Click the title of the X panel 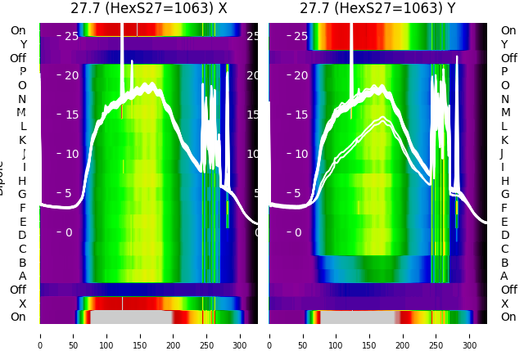click(x=148, y=8)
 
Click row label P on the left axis click(x=22, y=72)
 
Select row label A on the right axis click(x=504, y=276)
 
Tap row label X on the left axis click(x=22, y=304)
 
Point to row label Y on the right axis click(x=504, y=44)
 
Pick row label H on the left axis click(x=22, y=181)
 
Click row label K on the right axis click(x=504, y=140)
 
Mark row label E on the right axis click(x=504, y=222)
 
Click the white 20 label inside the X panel click(x=71, y=75)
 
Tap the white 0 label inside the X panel click(x=69, y=232)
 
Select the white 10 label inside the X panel click(x=71, y=154)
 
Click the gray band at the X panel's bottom click(x=131, y=317)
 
